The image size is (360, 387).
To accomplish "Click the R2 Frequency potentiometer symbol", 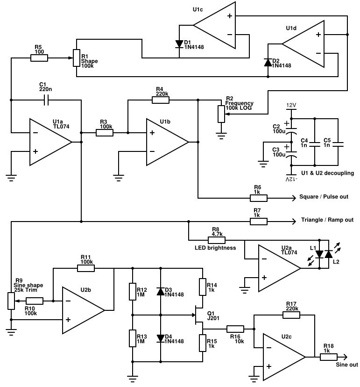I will coord(221,113).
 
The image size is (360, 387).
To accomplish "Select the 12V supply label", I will coord(291,106).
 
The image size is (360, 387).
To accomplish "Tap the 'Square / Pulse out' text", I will coord(323,197).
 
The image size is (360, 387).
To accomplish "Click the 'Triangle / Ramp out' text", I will coord(327,220).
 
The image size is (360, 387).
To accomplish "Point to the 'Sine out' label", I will coord(347,365).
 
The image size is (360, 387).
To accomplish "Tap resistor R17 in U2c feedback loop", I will coord(291,315).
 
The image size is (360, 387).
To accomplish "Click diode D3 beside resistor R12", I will coord(161,291).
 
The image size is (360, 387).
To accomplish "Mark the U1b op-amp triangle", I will coord(166,142).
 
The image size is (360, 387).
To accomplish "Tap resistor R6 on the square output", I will coord(258,197).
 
